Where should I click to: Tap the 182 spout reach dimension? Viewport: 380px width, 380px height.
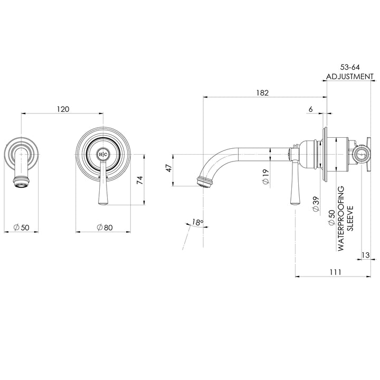262,93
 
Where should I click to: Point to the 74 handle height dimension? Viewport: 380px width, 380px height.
139,180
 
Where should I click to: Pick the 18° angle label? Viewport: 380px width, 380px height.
197,223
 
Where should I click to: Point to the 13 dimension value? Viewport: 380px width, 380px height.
365,255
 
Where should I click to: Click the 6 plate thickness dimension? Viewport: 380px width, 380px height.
310,109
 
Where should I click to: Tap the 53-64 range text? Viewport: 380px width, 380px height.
349,68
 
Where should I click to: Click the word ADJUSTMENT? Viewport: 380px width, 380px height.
349,76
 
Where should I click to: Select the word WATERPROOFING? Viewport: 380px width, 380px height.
341,217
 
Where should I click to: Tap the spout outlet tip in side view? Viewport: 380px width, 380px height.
202,183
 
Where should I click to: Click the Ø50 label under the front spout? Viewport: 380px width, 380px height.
21,227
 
